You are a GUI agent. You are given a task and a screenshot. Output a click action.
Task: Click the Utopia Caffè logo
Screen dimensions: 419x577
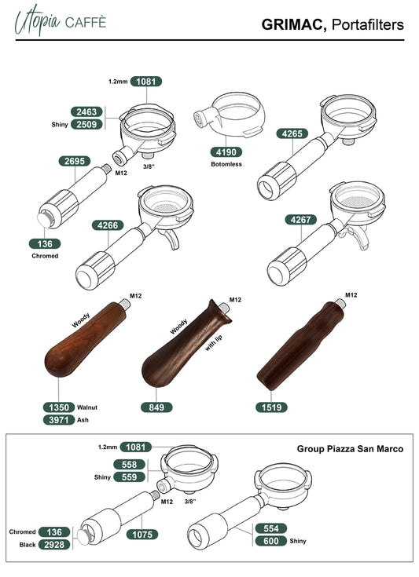click(x=60, y=21)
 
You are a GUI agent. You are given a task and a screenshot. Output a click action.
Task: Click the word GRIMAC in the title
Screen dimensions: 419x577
click(x=294, y=24)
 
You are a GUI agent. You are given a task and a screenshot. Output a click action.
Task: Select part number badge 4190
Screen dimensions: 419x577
click(x=226, y=152)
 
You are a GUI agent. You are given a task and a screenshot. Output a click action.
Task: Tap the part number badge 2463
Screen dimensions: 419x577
click(x=86, y=111)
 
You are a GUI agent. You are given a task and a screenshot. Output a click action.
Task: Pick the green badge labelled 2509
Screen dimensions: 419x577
click(x=86, y=124)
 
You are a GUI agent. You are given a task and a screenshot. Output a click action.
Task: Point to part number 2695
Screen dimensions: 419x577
click(x=75, y=161)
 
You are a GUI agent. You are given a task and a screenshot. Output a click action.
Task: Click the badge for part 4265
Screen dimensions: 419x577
click(x=292, y=133)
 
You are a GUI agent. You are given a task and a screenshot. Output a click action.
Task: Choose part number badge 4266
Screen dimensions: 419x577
click(x=108, y=225)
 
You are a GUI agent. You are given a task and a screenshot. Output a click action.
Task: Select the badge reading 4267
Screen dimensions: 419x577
click(x=301, y=220)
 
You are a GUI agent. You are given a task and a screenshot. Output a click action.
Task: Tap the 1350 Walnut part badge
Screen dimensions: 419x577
click(x=59, y=407)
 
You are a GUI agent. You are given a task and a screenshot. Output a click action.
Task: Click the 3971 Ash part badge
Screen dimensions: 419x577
click(x=59, y=420)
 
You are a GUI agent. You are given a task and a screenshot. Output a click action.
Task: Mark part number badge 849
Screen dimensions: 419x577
click(x=156, y=407)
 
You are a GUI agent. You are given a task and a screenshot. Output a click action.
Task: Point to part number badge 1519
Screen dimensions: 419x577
click(x=271, y=407)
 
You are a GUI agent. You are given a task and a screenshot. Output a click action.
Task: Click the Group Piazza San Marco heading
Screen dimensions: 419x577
click(x=350, y=449)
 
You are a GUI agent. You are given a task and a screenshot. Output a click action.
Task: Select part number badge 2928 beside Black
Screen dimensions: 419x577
click(x=54, y=545)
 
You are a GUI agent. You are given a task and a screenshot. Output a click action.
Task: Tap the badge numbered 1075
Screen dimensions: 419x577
click(x=142, y=535)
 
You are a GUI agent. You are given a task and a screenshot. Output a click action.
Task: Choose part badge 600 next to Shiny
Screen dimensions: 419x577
click(x=271, y=541)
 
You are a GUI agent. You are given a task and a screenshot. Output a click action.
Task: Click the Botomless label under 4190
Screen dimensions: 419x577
click(x=226, y=164)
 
